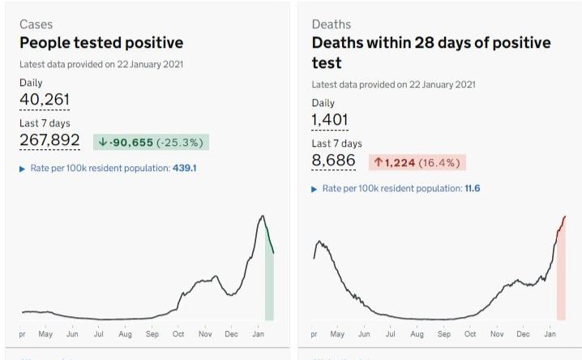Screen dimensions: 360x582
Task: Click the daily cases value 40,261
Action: click(45, 99)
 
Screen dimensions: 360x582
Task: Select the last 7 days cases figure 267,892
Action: click(49, 140)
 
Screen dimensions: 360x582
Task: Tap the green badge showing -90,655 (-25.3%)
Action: click(151, 142)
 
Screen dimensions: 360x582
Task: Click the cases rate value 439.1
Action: click(185, 169)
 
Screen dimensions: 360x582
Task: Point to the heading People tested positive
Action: click(101, 43)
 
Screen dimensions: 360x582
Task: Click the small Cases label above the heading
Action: click(36, 24)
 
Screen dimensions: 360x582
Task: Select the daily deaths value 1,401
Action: click(330, 120)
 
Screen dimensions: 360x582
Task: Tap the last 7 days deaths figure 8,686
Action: click(334, 161)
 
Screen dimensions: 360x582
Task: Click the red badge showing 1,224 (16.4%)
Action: click(417, 162)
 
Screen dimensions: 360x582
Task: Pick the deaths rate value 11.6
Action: click(473, 188)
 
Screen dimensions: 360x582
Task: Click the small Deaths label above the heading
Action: click(332, 24)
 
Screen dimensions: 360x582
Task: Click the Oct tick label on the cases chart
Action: click(178, 333)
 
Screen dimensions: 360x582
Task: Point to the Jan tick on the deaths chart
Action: click(550, 333)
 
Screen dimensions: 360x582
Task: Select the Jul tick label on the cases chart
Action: click(99, 333)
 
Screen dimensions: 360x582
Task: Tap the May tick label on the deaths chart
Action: click(337, 333)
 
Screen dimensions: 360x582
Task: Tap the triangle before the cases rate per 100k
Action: click(23, 169)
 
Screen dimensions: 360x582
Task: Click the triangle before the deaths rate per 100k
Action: click(315, 189)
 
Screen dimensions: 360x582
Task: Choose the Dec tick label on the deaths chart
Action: click(523, 333)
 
